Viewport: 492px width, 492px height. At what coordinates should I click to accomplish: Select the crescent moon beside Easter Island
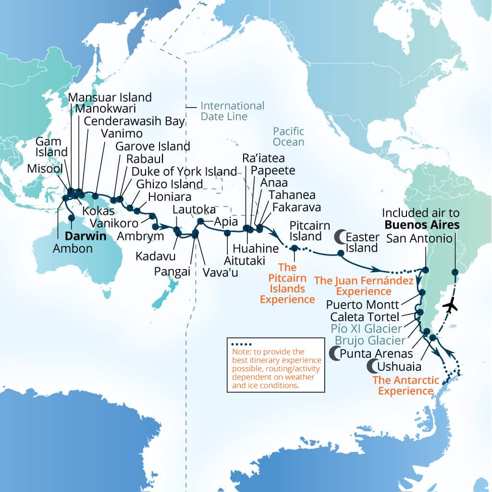point(340,236)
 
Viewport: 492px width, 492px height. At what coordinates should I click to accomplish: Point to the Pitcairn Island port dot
point(294,248)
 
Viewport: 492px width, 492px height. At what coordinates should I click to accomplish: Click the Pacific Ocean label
point(288,136)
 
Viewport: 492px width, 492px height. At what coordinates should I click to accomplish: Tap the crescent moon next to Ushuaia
point(372,367)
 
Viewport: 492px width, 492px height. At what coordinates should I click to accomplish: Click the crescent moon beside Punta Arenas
point(333,354)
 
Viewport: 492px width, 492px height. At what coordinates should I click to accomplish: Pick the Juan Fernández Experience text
point(364,285)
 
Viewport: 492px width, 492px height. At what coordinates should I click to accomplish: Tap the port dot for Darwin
point(71,218)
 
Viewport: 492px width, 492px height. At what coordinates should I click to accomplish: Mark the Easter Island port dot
point(341,253)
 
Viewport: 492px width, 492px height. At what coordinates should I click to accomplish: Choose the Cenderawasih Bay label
point(134,121)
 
